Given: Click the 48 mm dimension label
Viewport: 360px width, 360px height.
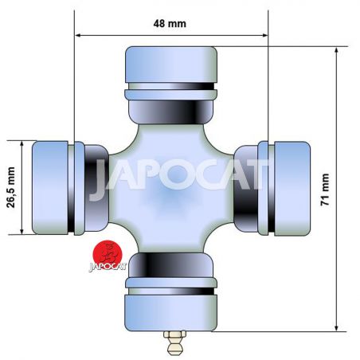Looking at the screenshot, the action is click(x=170, y=24).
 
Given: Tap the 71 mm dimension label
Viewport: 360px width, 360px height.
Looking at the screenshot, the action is click(x=325, y=190).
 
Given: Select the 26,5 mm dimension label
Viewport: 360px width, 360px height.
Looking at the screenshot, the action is click(x=11, y=187).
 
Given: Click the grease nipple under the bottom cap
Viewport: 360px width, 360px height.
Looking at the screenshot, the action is click(x=174, y=342).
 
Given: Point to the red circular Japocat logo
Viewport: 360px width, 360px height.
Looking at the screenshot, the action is click(x=108, y=254).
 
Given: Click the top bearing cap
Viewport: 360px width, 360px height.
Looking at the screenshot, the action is click(x=171, y=65).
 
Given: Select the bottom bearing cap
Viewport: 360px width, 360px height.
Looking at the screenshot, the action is click(x=171, y=313).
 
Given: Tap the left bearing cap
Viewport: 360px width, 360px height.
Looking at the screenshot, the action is click(x=50, y=188).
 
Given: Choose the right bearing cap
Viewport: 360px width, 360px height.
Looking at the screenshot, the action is click(x=292, y=189).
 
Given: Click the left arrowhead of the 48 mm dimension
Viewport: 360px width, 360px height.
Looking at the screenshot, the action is click(x=78, y=35).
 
